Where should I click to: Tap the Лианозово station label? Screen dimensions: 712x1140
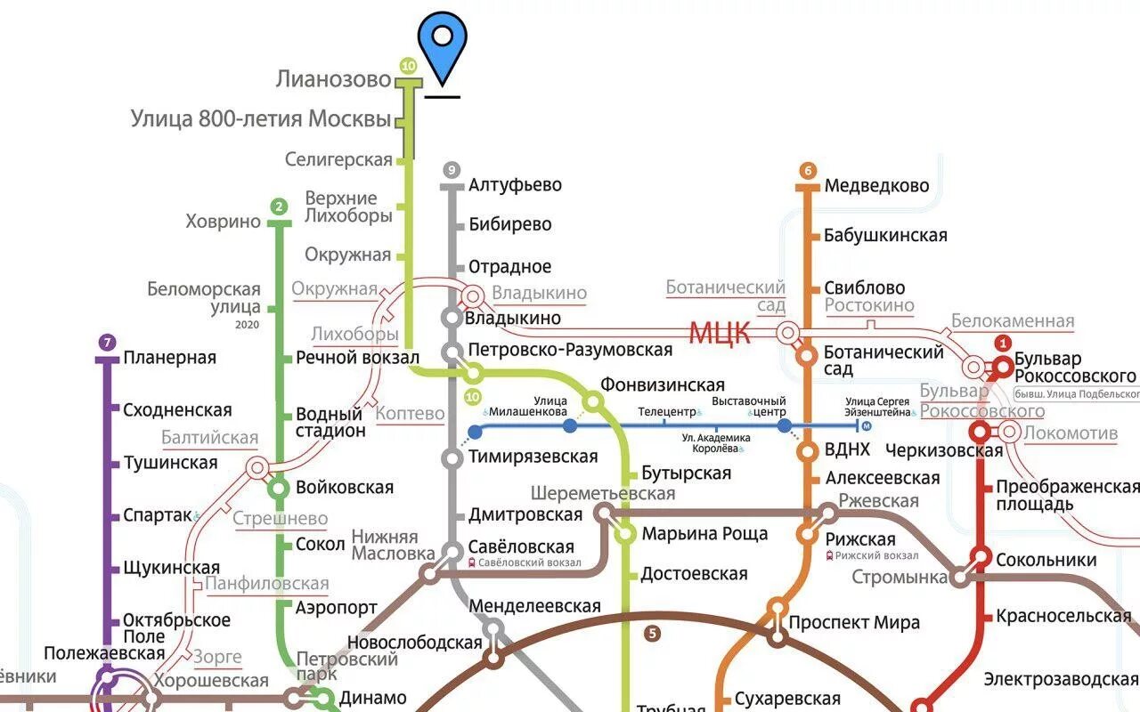click(333, 79)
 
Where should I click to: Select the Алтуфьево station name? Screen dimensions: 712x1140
click(515, 185)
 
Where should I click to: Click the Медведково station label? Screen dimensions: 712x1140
click(876, 186)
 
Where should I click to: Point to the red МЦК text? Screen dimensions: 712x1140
click(720, 334)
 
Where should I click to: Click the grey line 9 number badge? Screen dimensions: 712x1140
click(452, 170)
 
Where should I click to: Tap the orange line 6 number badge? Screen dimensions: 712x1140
click(808, 171)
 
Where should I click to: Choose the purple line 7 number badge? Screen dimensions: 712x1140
click(107, 343)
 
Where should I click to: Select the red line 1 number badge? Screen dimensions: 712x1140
click(1003, 344)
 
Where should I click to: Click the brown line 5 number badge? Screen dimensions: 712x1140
click(653, 634)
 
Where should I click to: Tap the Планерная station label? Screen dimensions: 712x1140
click(169, 358)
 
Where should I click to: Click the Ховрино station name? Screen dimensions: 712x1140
click(223, 222)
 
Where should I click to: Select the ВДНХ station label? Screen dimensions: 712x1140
click(847, 450)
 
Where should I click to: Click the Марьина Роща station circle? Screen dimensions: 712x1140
click(626, 534)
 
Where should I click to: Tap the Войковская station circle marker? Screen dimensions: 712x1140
click(280, 489)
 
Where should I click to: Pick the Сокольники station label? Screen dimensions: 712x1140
click(1046, 560)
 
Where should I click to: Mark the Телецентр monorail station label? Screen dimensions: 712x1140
click(666, 412)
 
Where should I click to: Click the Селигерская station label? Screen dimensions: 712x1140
click(338, 160)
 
